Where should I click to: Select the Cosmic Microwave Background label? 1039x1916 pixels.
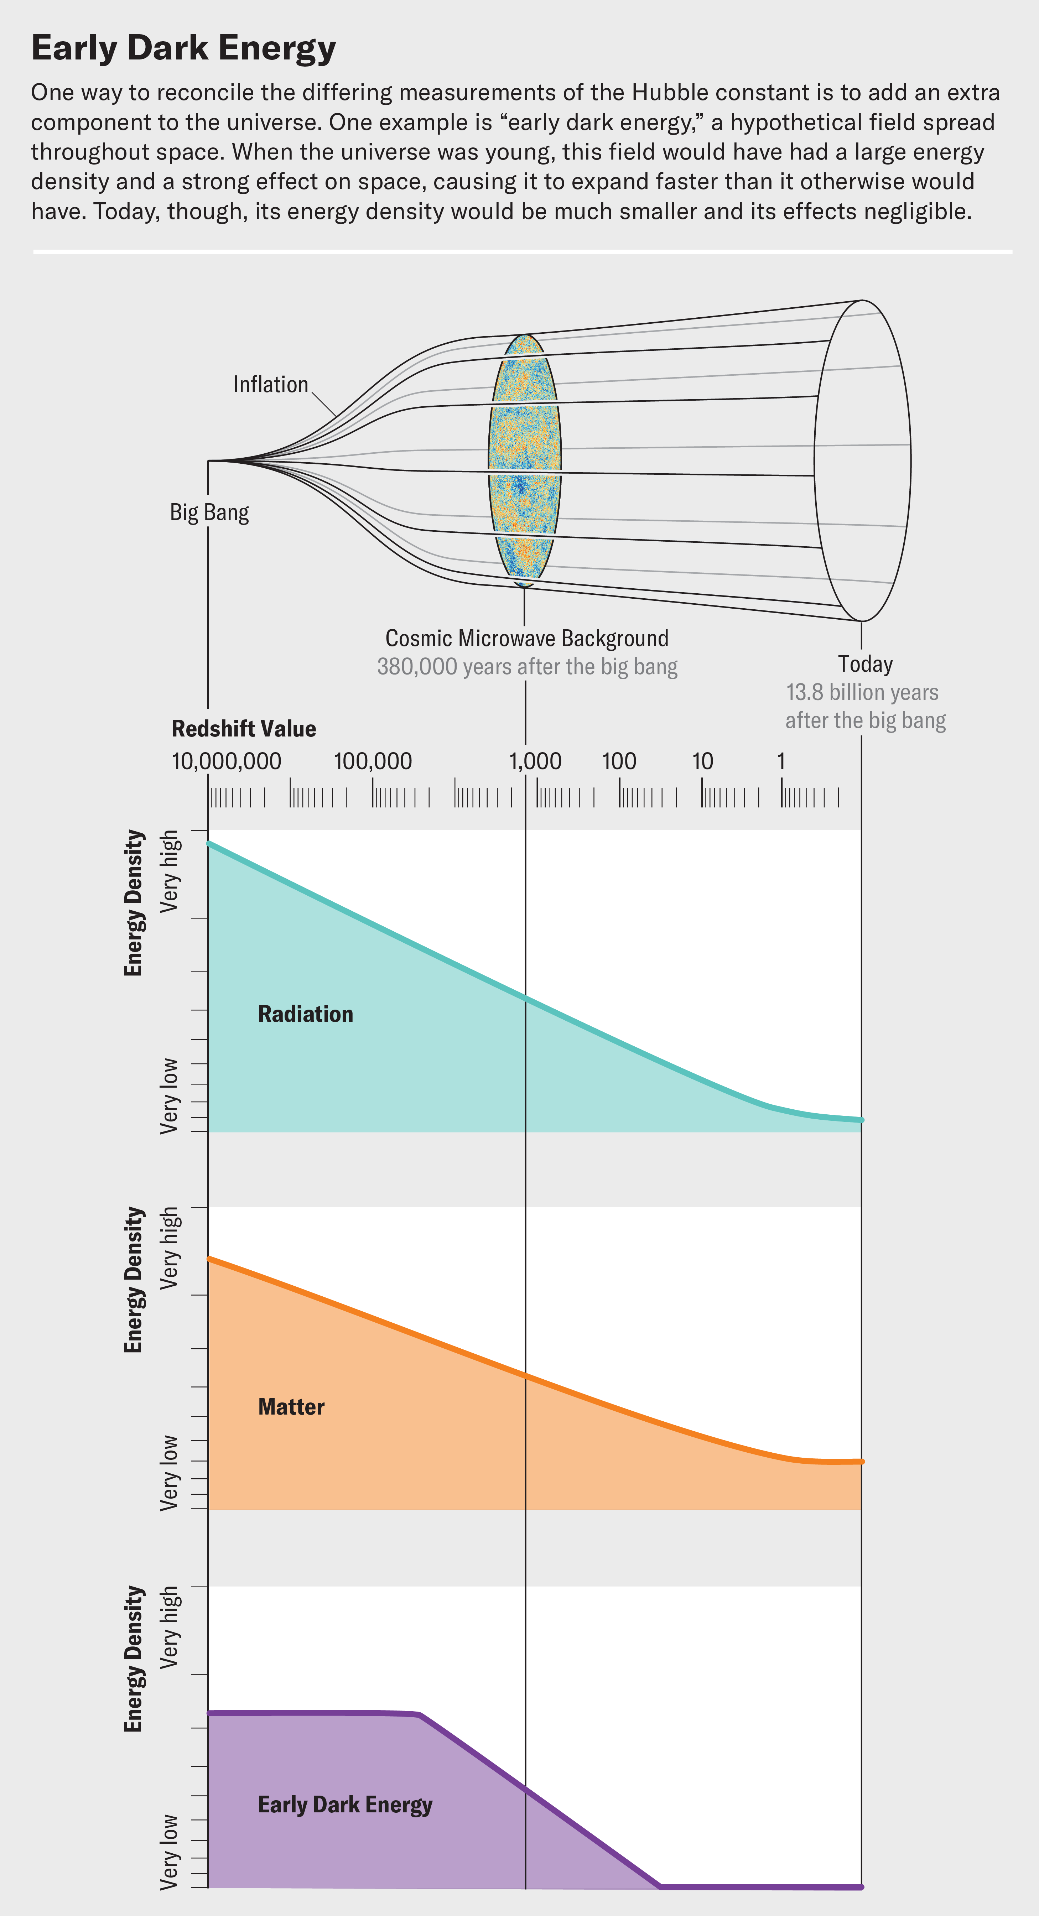[x=526, y=638]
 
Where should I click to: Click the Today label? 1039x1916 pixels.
[x=865, y=663]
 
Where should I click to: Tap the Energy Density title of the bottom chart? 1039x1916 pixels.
[x=134, y=1659]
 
